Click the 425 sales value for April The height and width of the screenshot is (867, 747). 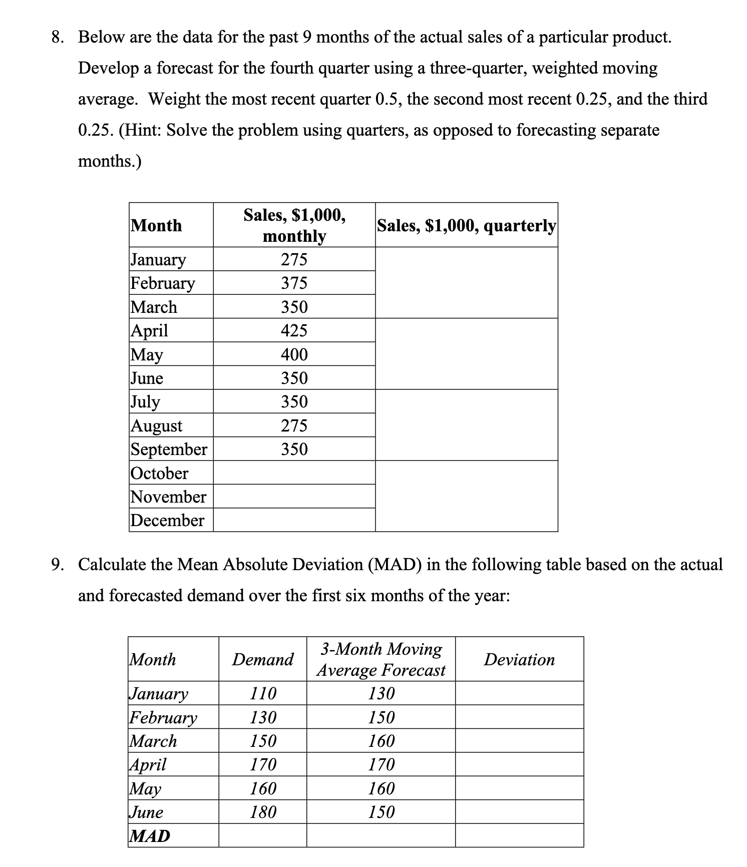pyautogui.click(x=294, y=330)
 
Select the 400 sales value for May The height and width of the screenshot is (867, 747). pyautogui.click(x=294, y=354)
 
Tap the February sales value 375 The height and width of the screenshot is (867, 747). pyautogui.click(x=294, y=283)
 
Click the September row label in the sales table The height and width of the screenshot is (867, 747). pyautogui.click(x=169, y=449)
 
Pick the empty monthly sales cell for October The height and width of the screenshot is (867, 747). pyautogui.click(x=294, y=473)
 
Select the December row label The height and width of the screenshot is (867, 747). pyautogui.click(x=167, y=520)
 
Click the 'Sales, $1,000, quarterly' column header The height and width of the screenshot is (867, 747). pyautogui.click(x=466, y=225)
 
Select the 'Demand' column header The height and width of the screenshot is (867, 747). pyautogui.click(x=262, y=659)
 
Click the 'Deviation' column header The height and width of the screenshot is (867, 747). pyautogui.click(x=519, y=659)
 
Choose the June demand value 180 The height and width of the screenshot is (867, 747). pyautogui.click(x=263, y=811)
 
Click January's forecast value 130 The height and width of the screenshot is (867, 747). pyautogui.click(x=381, y=693)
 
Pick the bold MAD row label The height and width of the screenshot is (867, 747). pyautogui.click(x=150, y=835)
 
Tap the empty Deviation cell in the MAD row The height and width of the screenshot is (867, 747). pyautogui.click(x=519, y=835)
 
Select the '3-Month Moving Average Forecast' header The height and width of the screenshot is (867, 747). pyautogui.click(x=381, y=659)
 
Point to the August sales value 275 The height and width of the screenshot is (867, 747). pyautogui.click(x=294, y=425)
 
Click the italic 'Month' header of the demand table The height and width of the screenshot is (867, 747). pyautogui.click(x=153, y=659)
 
